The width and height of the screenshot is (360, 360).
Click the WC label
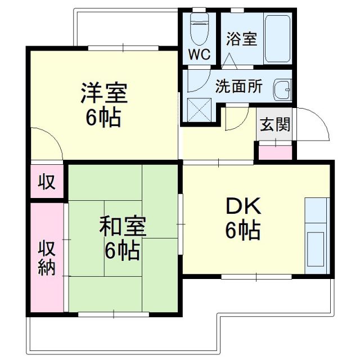199,55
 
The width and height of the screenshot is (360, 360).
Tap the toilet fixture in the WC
199,28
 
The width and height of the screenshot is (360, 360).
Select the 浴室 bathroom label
241,39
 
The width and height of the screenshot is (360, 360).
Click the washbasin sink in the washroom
281,89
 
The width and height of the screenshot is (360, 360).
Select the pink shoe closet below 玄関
275,151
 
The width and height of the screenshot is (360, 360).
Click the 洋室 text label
104,93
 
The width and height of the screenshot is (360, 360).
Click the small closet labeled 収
47,181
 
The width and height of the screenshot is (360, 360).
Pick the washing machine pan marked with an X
199,109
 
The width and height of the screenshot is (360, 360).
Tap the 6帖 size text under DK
243,229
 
